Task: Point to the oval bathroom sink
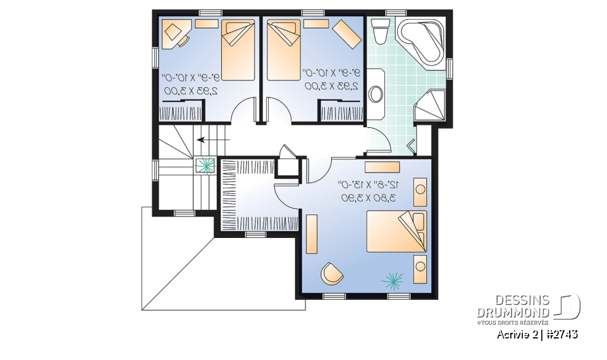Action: click(376, 94)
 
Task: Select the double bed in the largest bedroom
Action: click(397, 232)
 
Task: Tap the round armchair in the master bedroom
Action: click(331, 273)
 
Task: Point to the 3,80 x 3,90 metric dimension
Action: click(369, 198)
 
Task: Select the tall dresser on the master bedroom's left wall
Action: click(311, 233)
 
